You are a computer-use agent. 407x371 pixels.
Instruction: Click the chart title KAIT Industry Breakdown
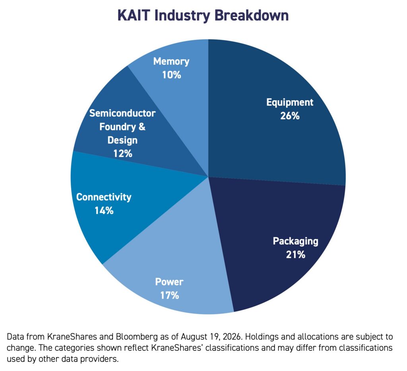(203, 16)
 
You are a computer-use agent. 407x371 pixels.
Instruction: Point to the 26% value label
(290, 116)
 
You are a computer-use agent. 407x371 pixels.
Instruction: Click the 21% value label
(295, 254)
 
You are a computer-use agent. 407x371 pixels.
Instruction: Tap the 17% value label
(169, 295)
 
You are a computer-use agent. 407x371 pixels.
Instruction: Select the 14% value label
(104, 211)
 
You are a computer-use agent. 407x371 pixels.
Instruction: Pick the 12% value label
(122, 154)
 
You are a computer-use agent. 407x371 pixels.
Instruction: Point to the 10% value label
(171, 75)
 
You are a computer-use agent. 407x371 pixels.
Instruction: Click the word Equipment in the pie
(290, 103)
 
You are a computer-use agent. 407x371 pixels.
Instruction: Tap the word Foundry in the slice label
(118, 127)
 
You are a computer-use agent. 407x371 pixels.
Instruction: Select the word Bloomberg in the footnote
(137, 337)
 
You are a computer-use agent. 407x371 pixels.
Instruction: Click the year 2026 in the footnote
(233, 337)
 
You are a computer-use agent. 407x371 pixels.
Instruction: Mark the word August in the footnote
(193, 337)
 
